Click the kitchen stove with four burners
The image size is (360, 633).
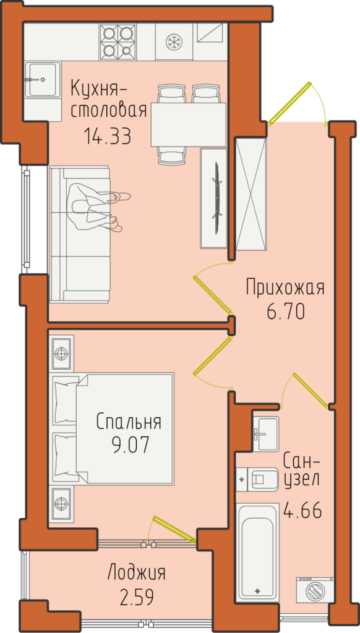coord(118,41)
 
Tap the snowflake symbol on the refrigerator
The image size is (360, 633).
coord(174,41)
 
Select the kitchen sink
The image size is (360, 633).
coord(43,79)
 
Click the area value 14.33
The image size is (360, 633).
coord(108,136)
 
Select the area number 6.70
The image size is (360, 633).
coord(285,312)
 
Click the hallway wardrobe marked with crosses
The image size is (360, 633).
coord(251,193)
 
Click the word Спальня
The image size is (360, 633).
coord(129,422)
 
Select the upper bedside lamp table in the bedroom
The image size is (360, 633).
coord(61,352)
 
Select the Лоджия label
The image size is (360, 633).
coord(137,574)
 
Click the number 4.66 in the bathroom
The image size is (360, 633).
coord(303,511)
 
